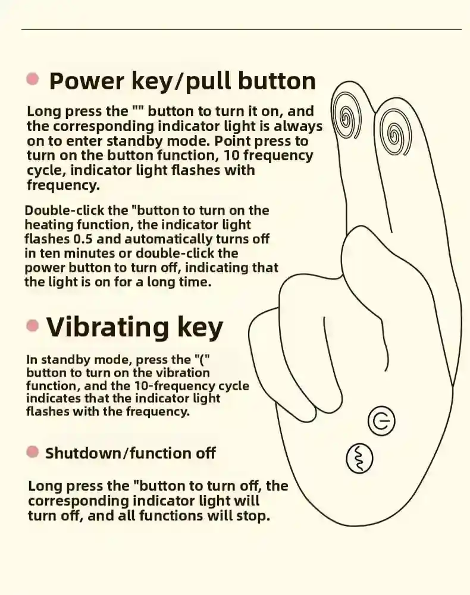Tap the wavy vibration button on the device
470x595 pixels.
coord(359,458)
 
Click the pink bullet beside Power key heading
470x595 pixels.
coord(33,79)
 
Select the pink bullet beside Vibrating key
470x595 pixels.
coord(33,325)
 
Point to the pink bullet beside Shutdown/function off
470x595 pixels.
coord(33,452)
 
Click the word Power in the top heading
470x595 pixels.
coord(86,81)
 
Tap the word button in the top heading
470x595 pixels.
coord(273,81)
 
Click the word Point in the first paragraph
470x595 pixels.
coord(232,141)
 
